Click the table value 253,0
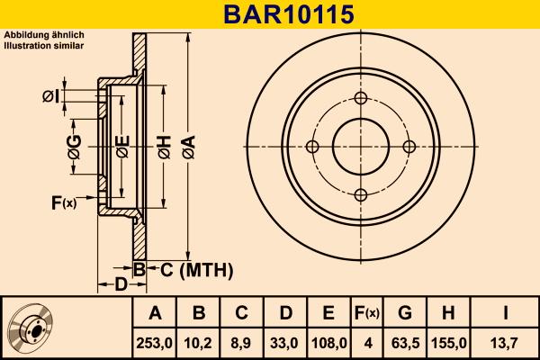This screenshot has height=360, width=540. (155, 343)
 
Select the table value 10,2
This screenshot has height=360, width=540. (199, 343)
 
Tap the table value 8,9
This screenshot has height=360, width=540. (241, 343)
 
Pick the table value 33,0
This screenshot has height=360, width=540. (284, 343)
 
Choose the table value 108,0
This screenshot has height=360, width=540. (328, 343)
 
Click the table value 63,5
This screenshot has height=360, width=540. (405, 343)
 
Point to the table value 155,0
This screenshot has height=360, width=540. (449, 343)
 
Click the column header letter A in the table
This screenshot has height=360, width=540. (155, 313)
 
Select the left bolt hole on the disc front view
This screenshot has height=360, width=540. (313, 147)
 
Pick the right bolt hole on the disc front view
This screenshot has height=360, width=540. (409, 147)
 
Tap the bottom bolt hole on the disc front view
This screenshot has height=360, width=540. (361, 194)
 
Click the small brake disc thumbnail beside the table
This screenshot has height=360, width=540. (30, 328)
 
